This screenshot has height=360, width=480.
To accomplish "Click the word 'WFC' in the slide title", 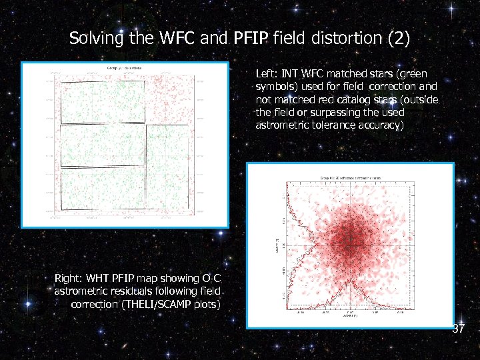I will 179,39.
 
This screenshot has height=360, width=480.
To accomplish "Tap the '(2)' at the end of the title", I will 398,39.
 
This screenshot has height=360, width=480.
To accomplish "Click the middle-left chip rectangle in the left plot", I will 103,145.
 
